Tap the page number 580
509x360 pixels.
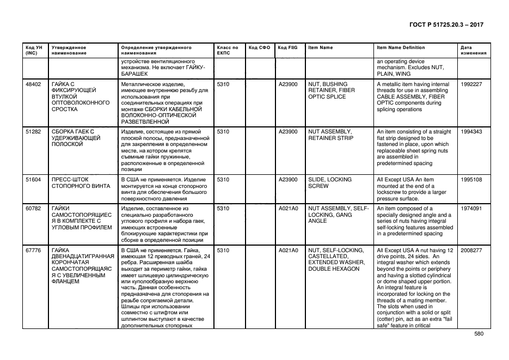479,334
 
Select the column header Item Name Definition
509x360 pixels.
401,47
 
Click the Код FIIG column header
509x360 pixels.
287,47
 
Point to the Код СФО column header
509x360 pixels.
259,47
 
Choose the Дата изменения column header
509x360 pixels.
470,50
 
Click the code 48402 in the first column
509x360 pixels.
33,84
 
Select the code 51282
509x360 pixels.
33,132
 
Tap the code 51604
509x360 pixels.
33,179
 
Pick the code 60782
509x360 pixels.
33,209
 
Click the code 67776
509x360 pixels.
33,251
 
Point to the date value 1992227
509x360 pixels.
471,84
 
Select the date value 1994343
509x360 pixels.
471,132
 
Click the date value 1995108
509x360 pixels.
471,179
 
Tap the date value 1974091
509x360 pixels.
471,209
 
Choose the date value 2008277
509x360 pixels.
471,251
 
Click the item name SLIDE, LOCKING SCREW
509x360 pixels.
330,182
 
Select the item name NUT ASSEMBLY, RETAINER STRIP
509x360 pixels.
330,135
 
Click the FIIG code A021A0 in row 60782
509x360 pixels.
288,209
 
